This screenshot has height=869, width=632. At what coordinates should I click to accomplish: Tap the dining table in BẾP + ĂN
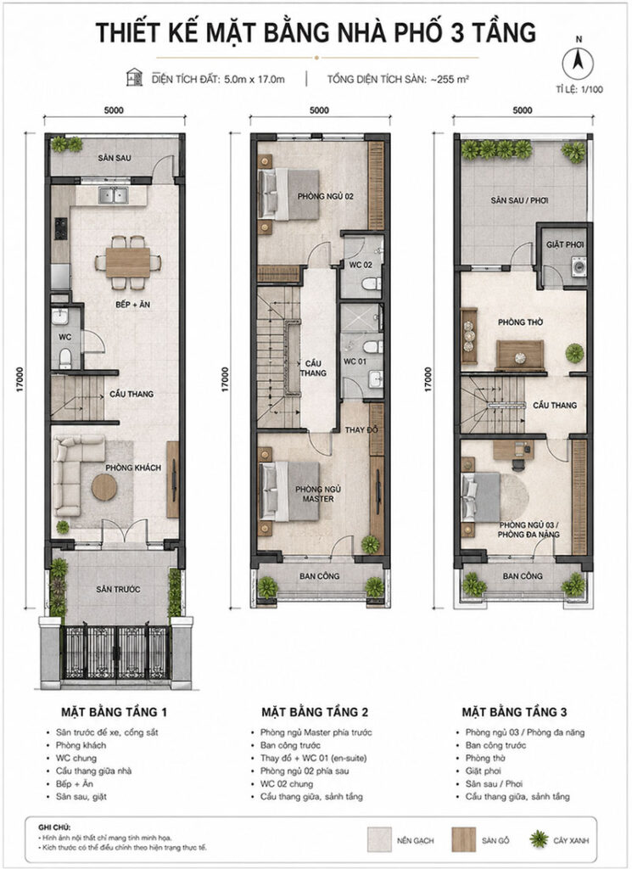pyautogui.click(x=128, y=262)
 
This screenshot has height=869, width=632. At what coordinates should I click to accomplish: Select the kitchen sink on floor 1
pyautogui.click(x=114, y=195)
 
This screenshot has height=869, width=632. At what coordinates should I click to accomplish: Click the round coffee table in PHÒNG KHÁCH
pyautogui.click(x=104, y=487)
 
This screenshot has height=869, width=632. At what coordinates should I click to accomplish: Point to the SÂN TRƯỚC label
pyautogui.click(x=118, y=589)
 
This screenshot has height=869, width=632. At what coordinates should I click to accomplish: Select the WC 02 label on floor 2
pyautogui.click(x=360, y=265)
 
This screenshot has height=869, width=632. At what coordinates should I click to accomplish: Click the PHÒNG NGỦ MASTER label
pyautogui.click(x=318, y=494)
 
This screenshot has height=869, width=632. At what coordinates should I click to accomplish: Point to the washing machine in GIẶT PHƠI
pyautogui.click(x=579, y=266)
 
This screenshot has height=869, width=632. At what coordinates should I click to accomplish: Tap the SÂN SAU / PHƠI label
pyautogui.click(x=519, y=200)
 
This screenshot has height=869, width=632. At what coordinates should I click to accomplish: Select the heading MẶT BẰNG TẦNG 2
pyautogui.click(x=315, y=712)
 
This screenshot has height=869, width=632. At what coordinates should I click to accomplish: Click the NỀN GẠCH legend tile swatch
pyautogui.click(x=379, y=839)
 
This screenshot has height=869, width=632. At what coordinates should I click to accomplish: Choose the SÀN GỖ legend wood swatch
pyautogui.click(x=464, y=839)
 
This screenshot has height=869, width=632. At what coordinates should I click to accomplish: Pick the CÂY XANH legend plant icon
pyautogui.click(x=539, y=839)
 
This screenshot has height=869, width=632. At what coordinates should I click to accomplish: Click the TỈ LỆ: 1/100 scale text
pyautogui.click(x=580, y=89)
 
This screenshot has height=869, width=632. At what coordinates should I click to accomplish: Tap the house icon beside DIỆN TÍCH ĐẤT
pyautogui.click(x=134, y=77)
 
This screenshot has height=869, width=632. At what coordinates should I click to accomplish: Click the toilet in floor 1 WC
pyautogui.click(x=65, y=357)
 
